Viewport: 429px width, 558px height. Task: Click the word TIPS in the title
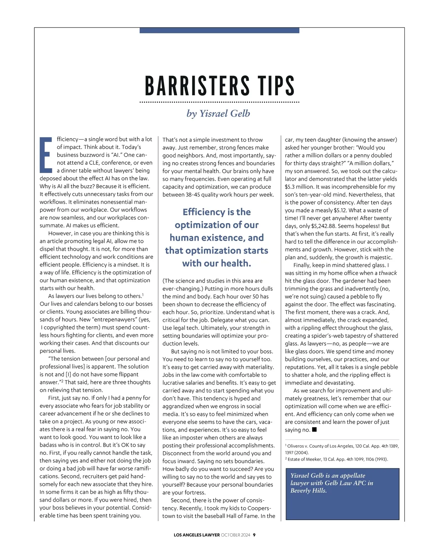pyautogui.click(x=276, y=86)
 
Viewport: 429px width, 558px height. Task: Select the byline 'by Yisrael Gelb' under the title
pyautogui.click(x=218, y=114)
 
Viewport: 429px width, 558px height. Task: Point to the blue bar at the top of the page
pyautogui.click(x=219, y=30)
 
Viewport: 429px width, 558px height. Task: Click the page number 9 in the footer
pyautogui.click(x=254, y=535)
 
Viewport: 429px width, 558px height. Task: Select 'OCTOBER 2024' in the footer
pyautogui.click(x=236, y=535)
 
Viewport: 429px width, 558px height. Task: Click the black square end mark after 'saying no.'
pyautogui.click(x=314, y=429)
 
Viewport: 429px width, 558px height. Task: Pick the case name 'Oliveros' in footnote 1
pyautogui.click(x=297, y=446)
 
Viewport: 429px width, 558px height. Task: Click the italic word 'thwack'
pyautogui.click(x=388, y=273)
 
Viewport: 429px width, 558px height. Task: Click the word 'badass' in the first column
pyautogui.click(x=48, y=445)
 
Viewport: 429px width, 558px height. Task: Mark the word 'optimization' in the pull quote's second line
pyautogui.click(x=217, y=225)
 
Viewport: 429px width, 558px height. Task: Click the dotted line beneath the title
pyautogui.click(x=219, y=102)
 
